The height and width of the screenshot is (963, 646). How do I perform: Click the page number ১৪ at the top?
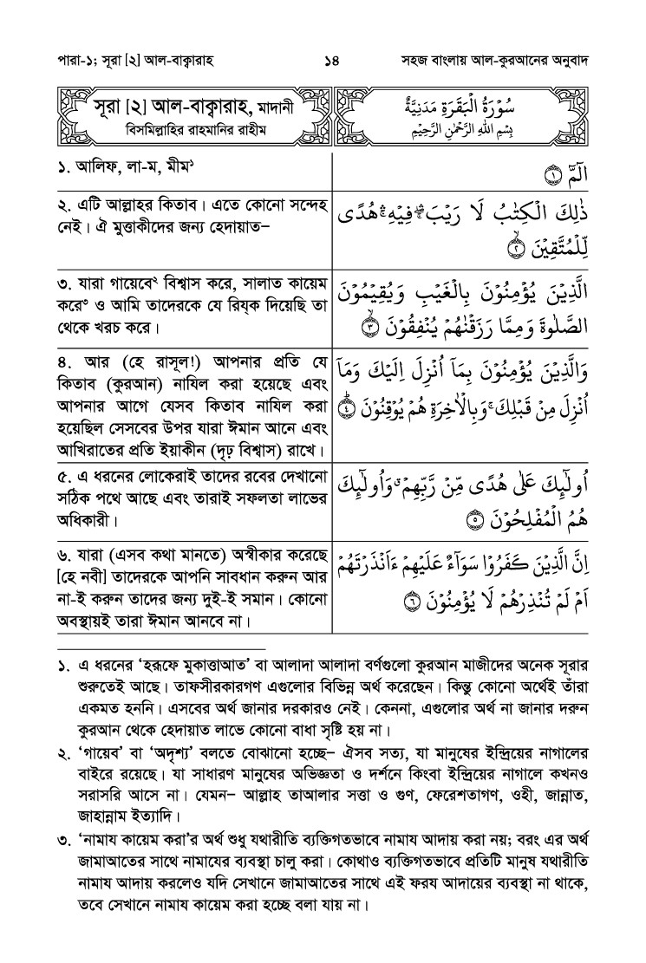click(x=323, y=62)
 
